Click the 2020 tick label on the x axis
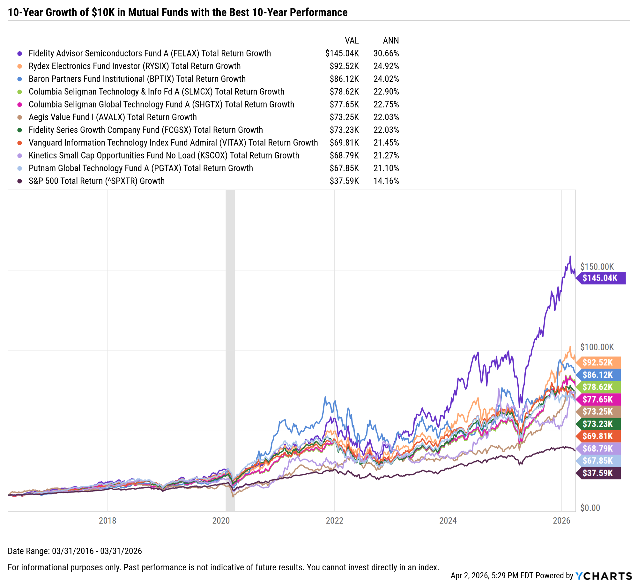[x=221, y=521]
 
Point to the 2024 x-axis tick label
[x=448, y=521]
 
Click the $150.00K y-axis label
[x=597, y=267]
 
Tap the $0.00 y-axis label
[x=590, y=508]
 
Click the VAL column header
[x=352, y=41]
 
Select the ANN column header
[x=391, y=41]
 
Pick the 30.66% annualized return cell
[x=386, y=53]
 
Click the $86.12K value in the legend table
[x=344, y=79]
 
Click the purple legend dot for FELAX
[x=20, y=54]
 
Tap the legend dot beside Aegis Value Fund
[x=20, y=117]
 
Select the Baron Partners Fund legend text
[x=137, y=79]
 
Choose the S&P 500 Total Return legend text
[x=97, y=181]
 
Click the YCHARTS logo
[x=604, y=576]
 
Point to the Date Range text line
[x=75, y=551]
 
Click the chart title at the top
[x=177, y=12]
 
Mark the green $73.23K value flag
[x=598, y=424]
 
